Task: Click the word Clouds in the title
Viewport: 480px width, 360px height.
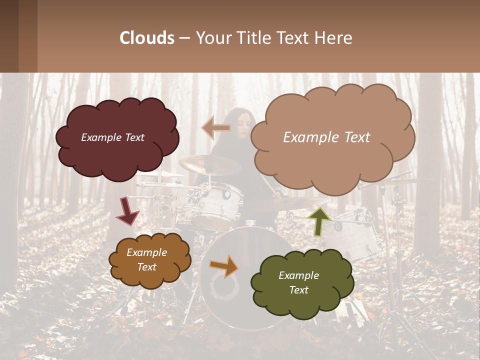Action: coord(147,38)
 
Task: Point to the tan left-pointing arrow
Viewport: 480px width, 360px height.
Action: coord(216,128)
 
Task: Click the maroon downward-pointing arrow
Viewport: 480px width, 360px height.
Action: coord(127,211)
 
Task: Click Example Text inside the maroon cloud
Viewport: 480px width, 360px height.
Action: coord(112,137)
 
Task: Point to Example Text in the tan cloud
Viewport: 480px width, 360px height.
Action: coord(326,137)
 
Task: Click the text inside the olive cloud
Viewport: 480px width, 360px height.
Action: coord(298,282)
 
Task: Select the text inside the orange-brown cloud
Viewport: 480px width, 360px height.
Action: coord(146,260)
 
